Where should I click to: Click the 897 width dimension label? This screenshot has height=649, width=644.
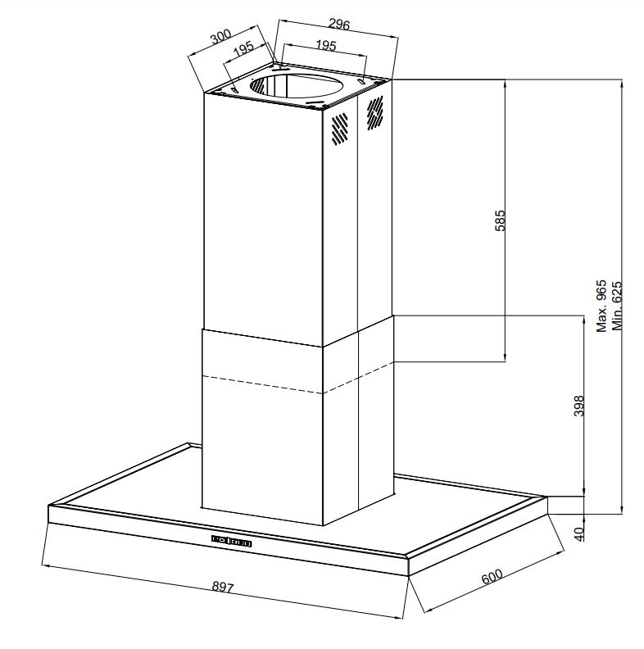click(223, 587)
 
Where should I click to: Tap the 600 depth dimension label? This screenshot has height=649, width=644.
click(492, 576)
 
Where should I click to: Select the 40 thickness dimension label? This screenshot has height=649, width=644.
click(579, 534)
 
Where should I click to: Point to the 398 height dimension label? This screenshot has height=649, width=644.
click(579, 406)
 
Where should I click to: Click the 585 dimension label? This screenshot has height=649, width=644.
click(500, 220)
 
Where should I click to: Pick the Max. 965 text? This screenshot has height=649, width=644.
click(601, 306)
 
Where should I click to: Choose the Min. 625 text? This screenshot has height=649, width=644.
click(617, 306)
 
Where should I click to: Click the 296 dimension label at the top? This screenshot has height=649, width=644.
click(339, 25)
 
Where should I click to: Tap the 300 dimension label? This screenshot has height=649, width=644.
click(220, 36)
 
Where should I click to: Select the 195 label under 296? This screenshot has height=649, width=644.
click(326, 45)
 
